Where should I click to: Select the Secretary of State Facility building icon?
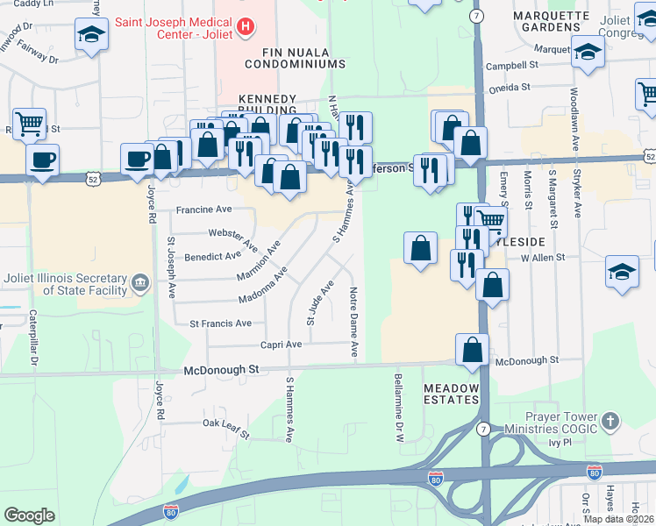pos(140,283)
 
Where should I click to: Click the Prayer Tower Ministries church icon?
pos(610,421)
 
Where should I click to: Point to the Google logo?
pos(29,515)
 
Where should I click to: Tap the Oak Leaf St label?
pos(226,428)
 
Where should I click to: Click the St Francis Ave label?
pos(220,323)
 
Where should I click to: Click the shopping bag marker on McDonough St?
pos(472,350)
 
